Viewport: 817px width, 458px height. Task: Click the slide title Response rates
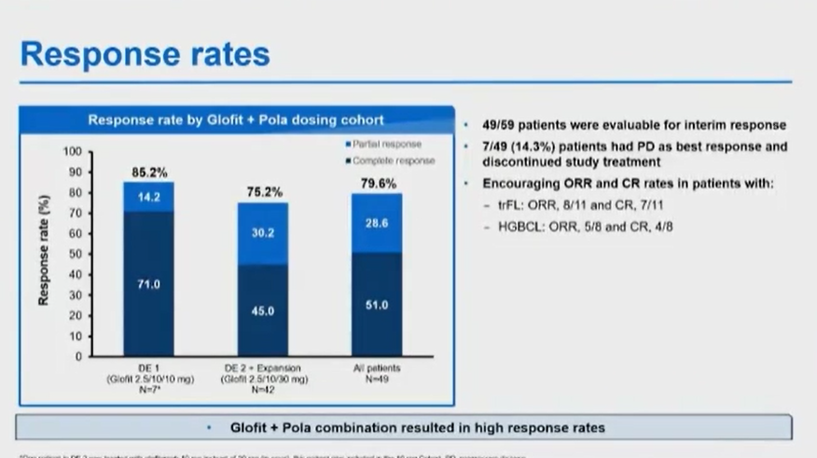pyautogui.click(x=145, y=53)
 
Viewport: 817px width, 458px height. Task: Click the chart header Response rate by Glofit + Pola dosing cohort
pyautogui.click(x=235, y=119)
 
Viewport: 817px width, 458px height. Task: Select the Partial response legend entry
pyautogui.click(x=385, y=145)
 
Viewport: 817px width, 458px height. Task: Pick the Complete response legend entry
pyautogui.click(x=390, y=160)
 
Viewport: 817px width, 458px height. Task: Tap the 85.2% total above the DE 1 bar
pyautogui.click(x=149, y=172)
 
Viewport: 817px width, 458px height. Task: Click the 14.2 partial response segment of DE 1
pyautogui.click(x=149, y=197)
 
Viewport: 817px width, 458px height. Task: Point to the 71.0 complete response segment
pyautogui.click(x=149, y=285)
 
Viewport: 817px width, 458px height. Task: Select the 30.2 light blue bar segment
pyautogui.click(x=263, y=233)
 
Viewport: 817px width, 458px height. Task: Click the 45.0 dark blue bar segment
pyautogui.click(x=263, y=311)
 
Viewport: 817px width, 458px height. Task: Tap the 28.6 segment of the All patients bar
pyautogui.click(x=377, y=224)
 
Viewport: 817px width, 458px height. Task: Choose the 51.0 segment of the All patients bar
pyautogui.click(x=377, y=304)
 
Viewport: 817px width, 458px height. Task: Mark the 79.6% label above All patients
pyautogui.click(x=377, y=184)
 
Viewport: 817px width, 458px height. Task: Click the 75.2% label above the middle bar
pyautogui.click(x=264, y=192)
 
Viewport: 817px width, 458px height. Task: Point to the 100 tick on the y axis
pyautogui.click(x=73, y=152)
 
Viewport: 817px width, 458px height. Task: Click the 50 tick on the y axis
pyautogui.click(x=76, y=254)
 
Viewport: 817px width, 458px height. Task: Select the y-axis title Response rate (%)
pyautogui.click(x=44, y=249)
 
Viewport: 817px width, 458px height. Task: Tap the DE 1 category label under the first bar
pyautogui.click(x=149, y=369)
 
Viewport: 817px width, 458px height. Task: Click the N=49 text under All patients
pyautogui.click(x=377, y=390)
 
